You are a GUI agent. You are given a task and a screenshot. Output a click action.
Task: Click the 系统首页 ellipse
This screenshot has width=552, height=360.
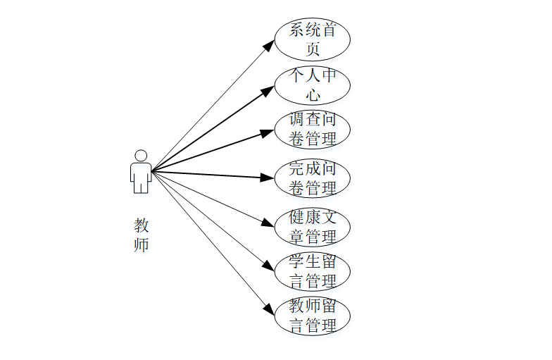coord(312,40)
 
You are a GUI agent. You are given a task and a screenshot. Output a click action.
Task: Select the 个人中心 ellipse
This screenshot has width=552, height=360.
coord(312,85)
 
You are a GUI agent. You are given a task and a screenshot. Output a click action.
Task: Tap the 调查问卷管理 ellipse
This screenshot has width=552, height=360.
coord(312,130)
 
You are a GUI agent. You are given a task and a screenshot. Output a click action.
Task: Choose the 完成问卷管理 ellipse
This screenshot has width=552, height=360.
coord(312,179)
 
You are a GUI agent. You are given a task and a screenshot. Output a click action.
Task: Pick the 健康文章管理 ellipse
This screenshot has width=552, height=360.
coord(312,227)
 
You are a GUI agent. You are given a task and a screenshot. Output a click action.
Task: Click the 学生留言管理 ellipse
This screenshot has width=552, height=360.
coord(312,272)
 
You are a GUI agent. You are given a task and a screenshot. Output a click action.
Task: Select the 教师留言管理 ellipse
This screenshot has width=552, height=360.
coord(312,316)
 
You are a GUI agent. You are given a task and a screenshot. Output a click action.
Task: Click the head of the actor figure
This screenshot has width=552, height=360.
coord(141,155)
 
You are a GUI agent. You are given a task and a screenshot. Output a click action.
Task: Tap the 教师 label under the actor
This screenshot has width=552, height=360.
coord(142,235)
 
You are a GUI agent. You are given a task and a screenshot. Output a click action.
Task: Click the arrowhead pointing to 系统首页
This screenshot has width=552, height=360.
coord(269,44)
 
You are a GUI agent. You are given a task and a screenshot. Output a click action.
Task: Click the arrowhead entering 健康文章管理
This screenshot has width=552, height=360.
coord(268,223)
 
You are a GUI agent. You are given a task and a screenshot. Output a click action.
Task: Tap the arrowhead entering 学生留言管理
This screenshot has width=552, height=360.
coord(268,266)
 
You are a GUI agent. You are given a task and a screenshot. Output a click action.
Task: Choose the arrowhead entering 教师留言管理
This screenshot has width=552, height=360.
coord(268,309)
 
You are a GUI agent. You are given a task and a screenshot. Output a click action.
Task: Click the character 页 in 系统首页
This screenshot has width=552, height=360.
coord(313,49)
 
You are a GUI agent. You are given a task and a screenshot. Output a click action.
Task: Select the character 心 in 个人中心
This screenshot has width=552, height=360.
coord(313,94)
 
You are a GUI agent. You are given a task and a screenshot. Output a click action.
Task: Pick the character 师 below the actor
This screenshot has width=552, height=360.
coord(142,245)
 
